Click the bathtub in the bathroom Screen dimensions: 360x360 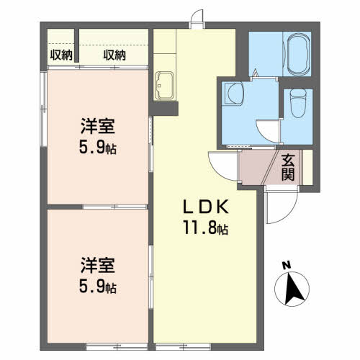tap(297, 55)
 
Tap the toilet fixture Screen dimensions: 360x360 tap(298, 103)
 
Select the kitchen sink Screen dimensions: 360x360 tap(164, 86)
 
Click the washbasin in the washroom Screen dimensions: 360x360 tap(233, 94)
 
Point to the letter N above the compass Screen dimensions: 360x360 tap(286, 265)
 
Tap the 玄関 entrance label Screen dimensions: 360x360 tap(288, 167)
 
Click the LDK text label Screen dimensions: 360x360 tap(206, 207)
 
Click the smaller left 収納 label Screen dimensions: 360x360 tap(61, 55)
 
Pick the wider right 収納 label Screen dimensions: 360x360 tap(114, 55)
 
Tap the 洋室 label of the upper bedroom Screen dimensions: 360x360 tap(98, 126)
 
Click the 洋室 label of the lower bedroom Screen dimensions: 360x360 tap(98, 265)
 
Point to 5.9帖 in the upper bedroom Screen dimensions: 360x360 tap(98, 147)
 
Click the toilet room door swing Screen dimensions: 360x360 tap(269, 131)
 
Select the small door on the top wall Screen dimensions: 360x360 tap(197, 18)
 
